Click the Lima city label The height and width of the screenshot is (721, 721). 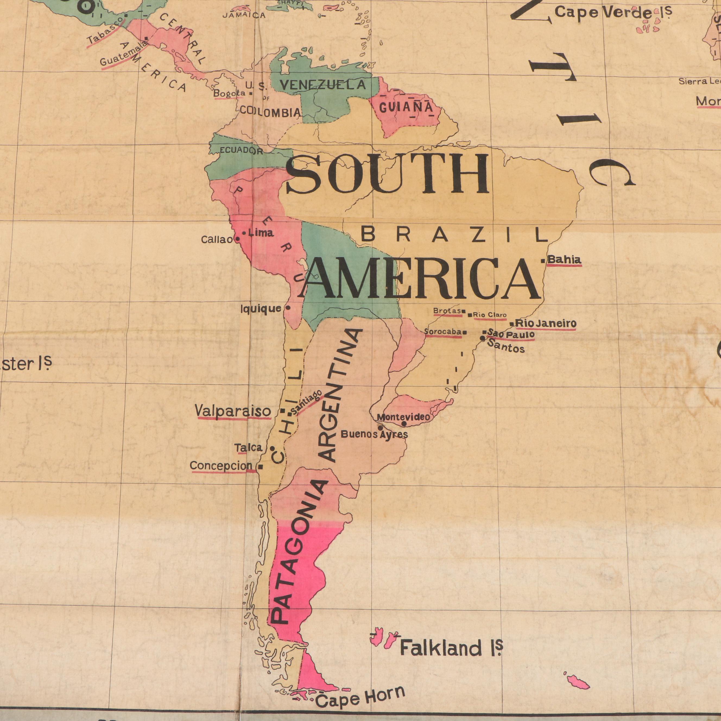click(x=261, y=233)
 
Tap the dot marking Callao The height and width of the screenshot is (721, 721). click(x=237, y=239)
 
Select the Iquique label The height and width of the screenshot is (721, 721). click(x=261, y=309)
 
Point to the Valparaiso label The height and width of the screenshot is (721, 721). click(x=233, y=411)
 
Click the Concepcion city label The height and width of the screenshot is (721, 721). click(x=221, y=466)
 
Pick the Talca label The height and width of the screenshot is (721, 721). click(x=248, y=447)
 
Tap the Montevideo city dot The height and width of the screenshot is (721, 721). click(x=404, y=423)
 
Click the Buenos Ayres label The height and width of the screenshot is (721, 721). click(x=374, y=434)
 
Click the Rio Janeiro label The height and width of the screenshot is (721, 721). click(x=546, y=323)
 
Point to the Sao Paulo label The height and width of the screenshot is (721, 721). click(x=511, y=334)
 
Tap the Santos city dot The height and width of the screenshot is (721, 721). click(x=482, y=339)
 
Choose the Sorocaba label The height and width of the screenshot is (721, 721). click(x=443, y=331)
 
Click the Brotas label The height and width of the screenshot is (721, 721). click(x=447, y=311)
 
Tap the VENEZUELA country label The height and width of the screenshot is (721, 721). click(x=323, y=85)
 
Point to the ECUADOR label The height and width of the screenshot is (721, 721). click(x=241, y=150)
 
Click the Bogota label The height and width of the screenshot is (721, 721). click(x=229, y=94)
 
